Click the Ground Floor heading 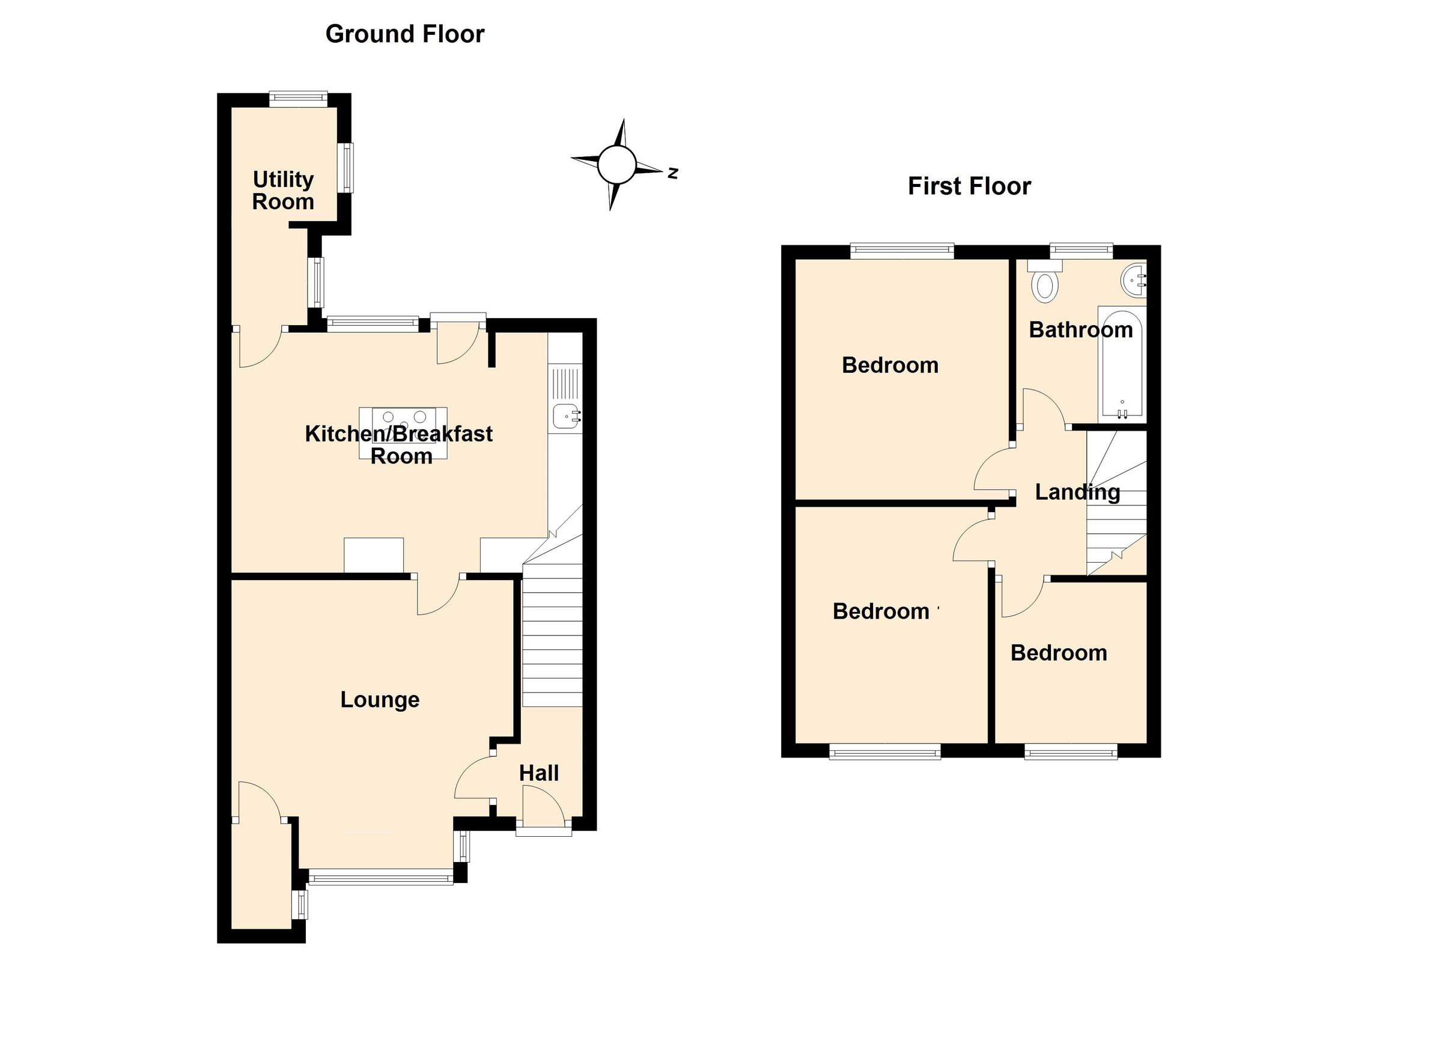click(x=404, y=34)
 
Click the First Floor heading click(x=969, y=186)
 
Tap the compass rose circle click(x=616, y=164)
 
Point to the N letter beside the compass click(x=672, y=173)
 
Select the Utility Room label click(x=283, y=191)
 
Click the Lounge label click(x=380, y=700)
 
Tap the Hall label click(x=538, y=774)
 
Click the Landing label click(x=1077, y=492)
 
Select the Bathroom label click(x=1080, y=329)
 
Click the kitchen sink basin click(x=564, y=417)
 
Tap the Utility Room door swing click(x=259, y=348)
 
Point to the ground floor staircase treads click(x=552, y=643)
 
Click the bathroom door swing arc click(x=1042, y=407)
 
